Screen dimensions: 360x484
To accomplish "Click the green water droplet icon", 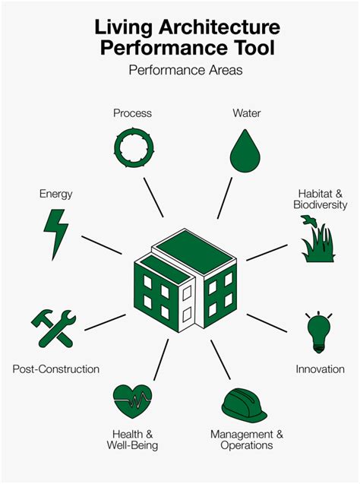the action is click(245, 152).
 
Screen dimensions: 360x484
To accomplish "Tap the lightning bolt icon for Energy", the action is click(56, 233).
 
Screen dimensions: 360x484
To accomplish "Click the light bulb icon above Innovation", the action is click(318, 333).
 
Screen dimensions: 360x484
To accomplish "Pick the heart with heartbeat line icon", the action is click(133, 400).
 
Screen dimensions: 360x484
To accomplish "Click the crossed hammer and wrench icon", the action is click(53, 328).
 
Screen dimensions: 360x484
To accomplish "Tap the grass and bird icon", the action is click(317, 239).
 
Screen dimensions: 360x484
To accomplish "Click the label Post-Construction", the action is click(56, 369).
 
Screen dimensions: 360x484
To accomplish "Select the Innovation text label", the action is click(321, 369).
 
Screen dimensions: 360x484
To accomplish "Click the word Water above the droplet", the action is click(247, 113).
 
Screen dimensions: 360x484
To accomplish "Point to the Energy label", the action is click(56, 195).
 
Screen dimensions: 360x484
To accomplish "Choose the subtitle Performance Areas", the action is click(186, 70).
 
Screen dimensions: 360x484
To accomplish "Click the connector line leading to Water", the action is click(225, 198).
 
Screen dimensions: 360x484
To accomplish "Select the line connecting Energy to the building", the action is click(102, 245).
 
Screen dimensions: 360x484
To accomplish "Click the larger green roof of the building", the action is click(194, 251).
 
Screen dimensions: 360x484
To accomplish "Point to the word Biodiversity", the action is click(321, 204).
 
